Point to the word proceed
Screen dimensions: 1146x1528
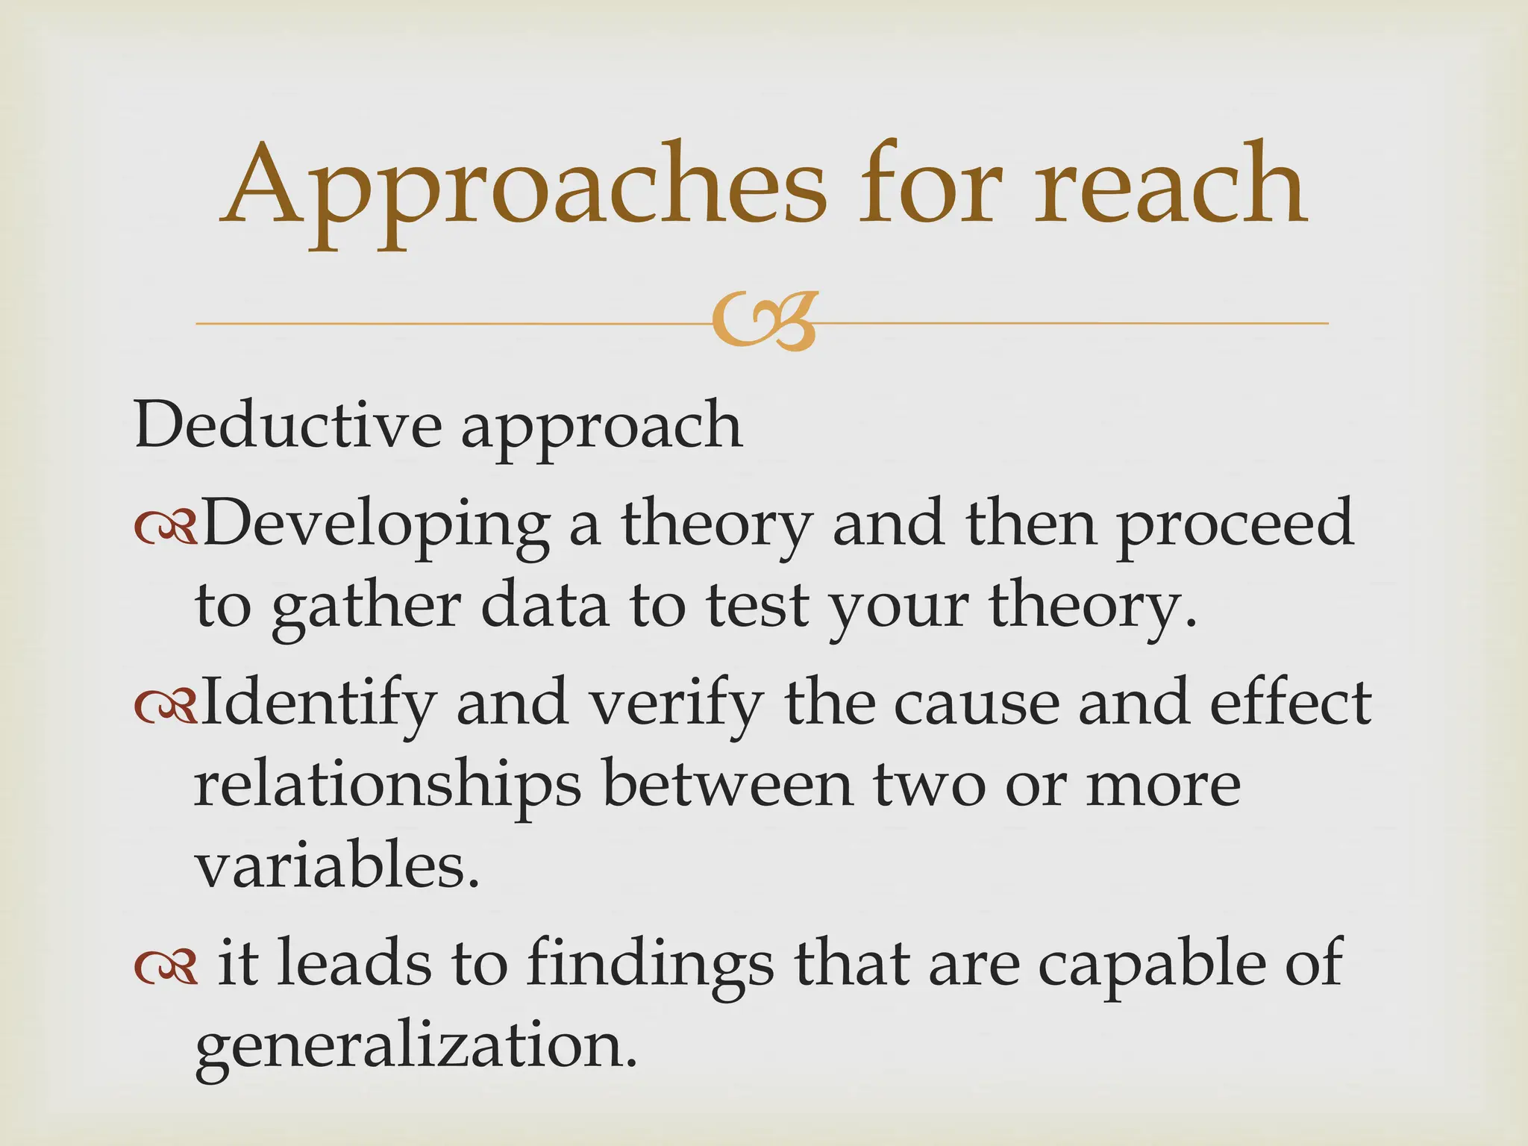click(x=1235, y=527)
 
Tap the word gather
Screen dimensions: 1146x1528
click(x=366, y=609)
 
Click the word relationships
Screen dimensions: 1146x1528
click(x=388, y=788)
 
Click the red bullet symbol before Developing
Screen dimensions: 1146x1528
click(x=166, y=530)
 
